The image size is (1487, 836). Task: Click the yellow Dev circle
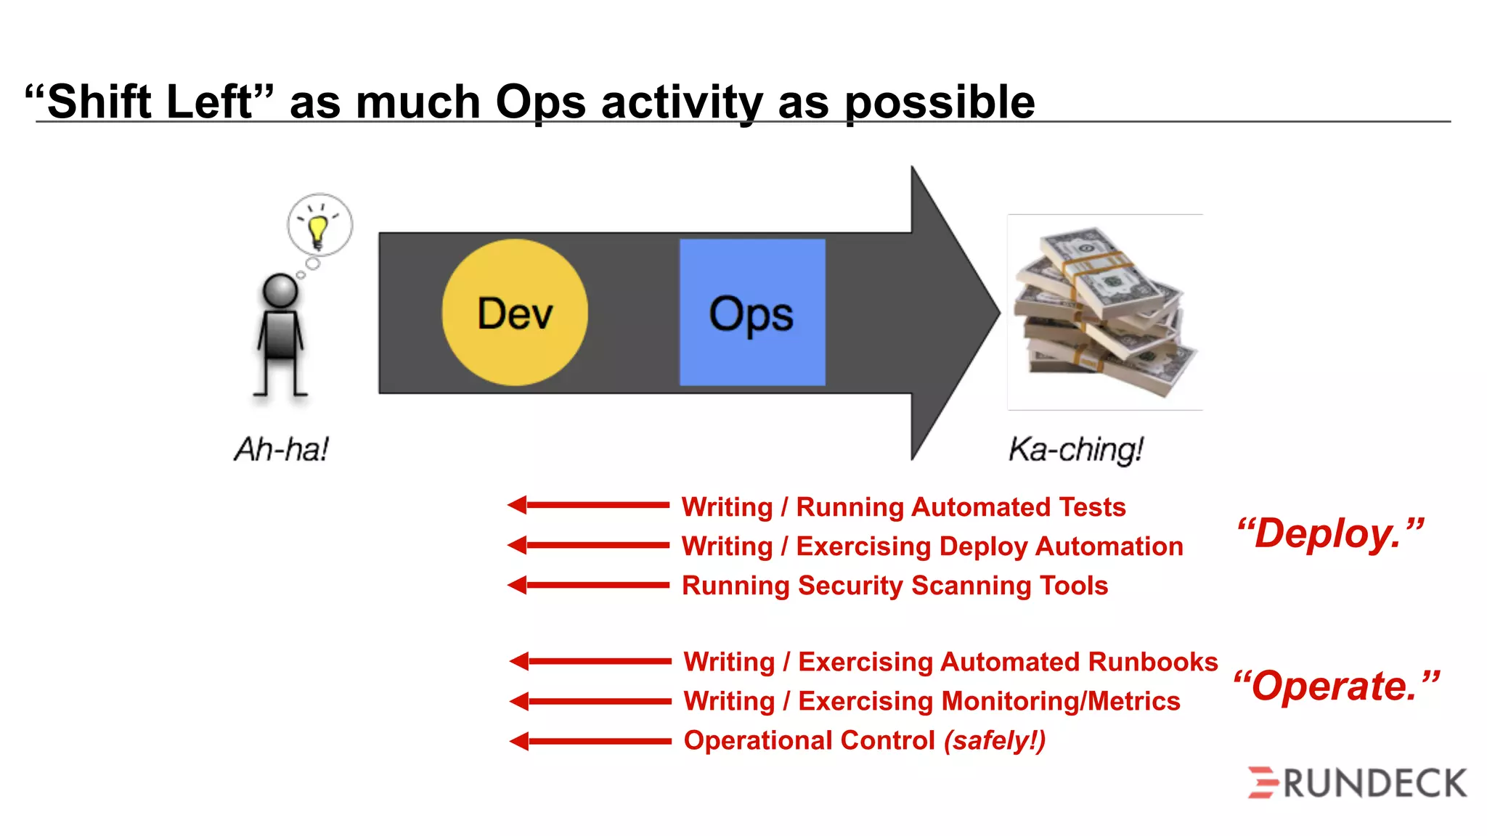[x=515, y=313]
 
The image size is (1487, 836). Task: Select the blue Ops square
[x=752, y=313]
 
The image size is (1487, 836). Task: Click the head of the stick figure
[x=280, y=291]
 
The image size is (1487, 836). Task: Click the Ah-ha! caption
[x=282, y=449]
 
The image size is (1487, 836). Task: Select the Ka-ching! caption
[x=1075, y=449]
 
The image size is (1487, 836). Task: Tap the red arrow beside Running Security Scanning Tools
[x=588, y=585]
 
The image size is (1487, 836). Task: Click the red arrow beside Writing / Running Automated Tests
[x=588, y=505]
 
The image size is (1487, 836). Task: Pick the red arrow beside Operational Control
[x=590, y=741]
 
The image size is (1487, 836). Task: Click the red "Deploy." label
[x=1330, y=534]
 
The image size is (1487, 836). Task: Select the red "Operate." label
[x=1336, y=687]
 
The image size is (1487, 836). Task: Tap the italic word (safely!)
[x=995, y=741]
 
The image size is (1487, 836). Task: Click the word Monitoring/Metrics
[x=1061, y=702]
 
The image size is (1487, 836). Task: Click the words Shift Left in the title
[x=150, y=102]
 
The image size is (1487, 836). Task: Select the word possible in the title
[x=940, y=103]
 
